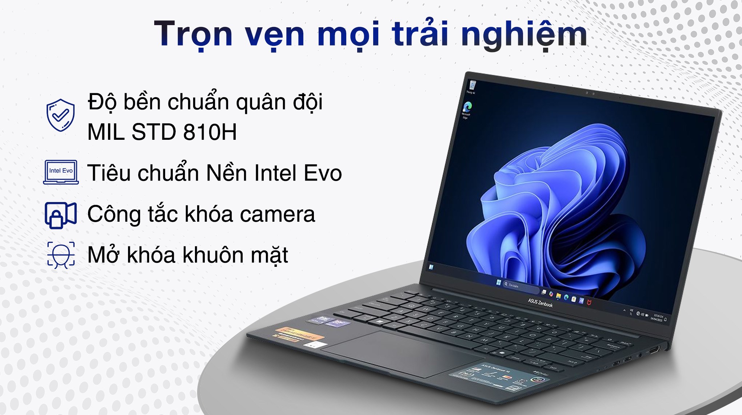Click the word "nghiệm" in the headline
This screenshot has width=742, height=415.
[x=524, y=35]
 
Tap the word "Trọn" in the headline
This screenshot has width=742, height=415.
[x=193, y=34]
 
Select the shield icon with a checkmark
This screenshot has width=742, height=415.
[x=60, y=115]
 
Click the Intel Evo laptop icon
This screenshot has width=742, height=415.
[x=61, y=172]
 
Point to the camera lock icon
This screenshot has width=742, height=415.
[x=60, y=215]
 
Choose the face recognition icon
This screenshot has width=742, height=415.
[x=61, y=255]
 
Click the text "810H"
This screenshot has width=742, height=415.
[x=210, y=132]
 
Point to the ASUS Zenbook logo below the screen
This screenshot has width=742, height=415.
[x=540, y=303]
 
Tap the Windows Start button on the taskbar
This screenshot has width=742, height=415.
[x=498, y=282]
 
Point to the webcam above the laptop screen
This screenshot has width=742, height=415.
[x=590, y=94]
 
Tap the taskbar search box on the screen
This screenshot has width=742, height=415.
[x=520, y=286]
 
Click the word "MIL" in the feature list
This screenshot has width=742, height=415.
[x=106, y=132]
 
